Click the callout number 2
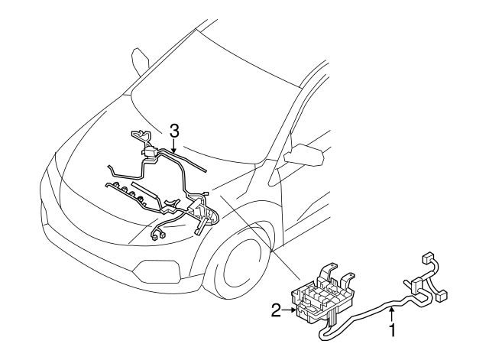click(277, 310)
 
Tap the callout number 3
click(175, 131)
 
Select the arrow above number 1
click(392, 313)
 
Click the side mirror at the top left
click(140, 59)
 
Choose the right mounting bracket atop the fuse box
click(348, 278)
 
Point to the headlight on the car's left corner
click(53, 183)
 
